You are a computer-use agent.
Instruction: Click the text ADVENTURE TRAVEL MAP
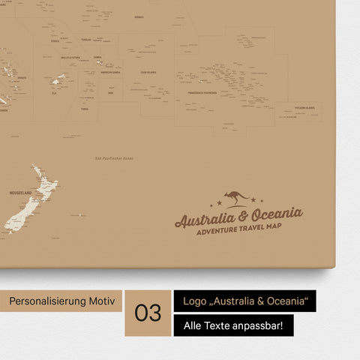[x=239, y=230]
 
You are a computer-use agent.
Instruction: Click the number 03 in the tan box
[x=148, y=313]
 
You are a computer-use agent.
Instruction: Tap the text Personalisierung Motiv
[x=61, y=301]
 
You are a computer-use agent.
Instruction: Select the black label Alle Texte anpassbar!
[x=233, y=325]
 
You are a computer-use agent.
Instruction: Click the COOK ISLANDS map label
[x=148, y=73]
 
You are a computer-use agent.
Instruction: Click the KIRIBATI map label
[x=138, y=16]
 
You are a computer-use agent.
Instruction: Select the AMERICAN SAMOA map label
[x=111, y=73]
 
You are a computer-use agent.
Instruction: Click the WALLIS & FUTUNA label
[x=70, y=57]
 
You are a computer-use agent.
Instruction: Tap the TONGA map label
[x=85, y=109]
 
